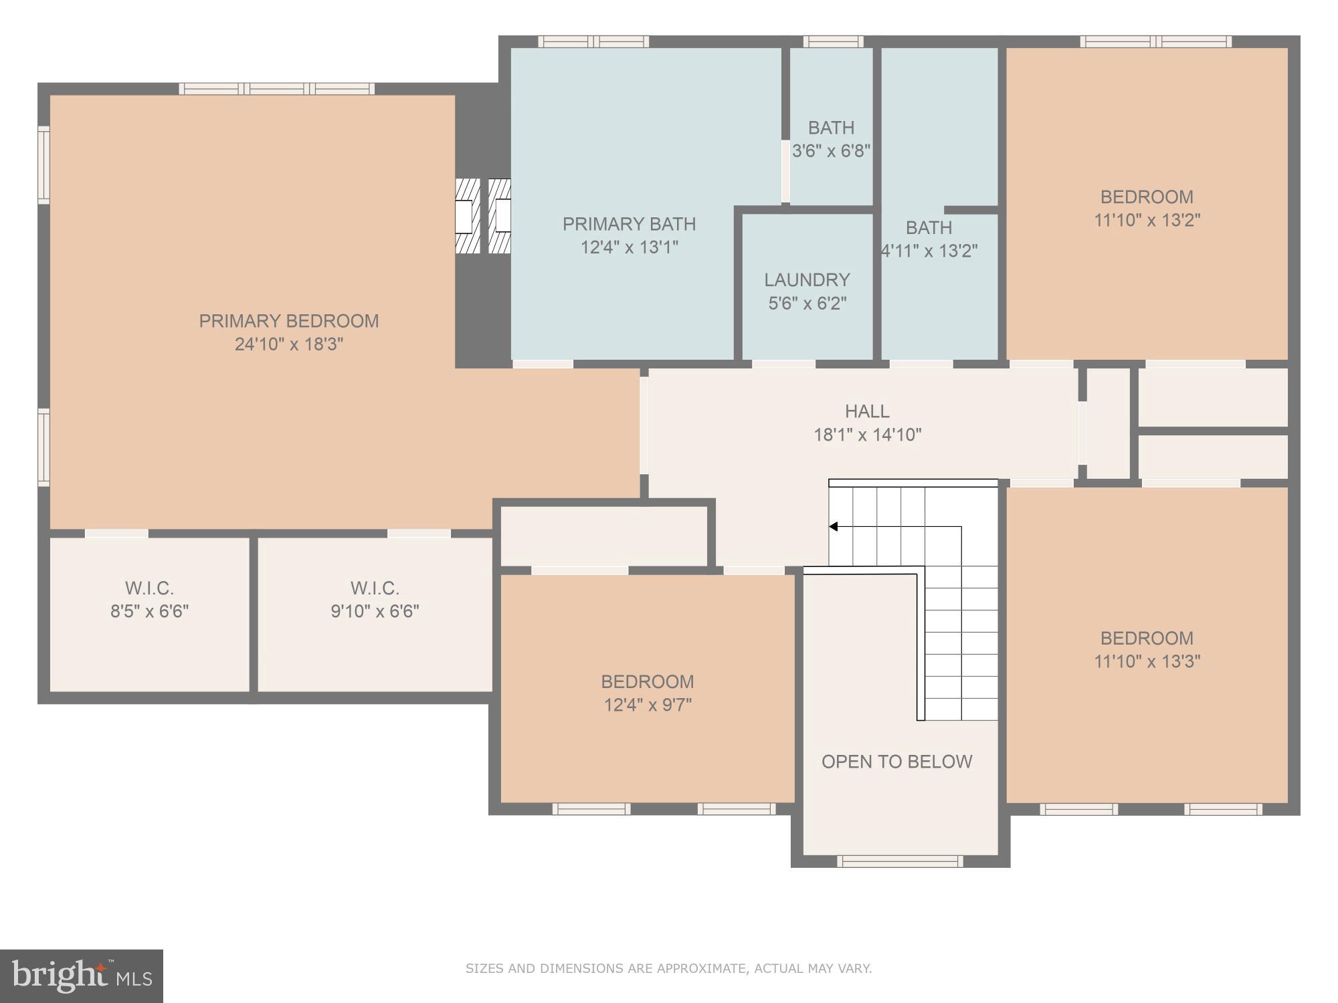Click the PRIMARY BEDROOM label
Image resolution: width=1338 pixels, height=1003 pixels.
click(288, 321)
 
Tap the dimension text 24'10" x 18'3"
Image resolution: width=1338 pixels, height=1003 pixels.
click(288, 344)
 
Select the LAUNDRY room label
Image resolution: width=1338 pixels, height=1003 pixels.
click(807, 280)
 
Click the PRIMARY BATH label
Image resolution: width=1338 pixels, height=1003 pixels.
click(629, 224)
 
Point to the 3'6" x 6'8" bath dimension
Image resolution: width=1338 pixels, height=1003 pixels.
click(831, 151)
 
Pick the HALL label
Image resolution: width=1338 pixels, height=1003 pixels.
click(867, 411)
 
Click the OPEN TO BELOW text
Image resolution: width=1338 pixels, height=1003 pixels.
click(896, 762)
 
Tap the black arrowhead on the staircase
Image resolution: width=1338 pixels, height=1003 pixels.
click(834, 527)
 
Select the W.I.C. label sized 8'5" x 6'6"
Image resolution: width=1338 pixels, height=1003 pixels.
click(149, 588)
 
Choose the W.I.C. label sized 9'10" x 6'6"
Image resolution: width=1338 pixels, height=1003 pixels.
click(375, 588)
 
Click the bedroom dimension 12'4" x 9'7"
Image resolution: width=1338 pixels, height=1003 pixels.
click(648, 705)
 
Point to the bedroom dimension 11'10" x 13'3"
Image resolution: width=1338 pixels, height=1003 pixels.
click(1147, 661)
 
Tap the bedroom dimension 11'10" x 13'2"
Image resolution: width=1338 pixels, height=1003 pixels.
click(1147, 220)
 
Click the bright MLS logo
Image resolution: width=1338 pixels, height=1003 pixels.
click(81, 976)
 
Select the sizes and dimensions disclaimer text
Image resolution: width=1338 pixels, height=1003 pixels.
click(668, 968)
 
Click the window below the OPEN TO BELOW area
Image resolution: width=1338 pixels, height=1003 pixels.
click(900, 861)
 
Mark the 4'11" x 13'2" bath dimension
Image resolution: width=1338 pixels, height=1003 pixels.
click(929, 251)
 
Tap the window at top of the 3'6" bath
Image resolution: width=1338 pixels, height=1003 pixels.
click(833, 41)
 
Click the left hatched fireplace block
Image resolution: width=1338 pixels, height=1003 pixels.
click(468, 216)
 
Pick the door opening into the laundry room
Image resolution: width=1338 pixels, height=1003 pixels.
click(783, 364)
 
